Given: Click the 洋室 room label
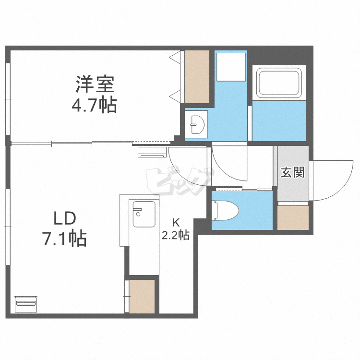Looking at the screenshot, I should [95, 85].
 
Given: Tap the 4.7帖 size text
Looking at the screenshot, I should [95, 105].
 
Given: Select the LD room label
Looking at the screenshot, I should [64, 219].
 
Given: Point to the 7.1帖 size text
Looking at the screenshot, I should [64, 238].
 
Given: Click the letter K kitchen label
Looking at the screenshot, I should [176, 222].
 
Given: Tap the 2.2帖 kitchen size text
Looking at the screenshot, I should [176, 235].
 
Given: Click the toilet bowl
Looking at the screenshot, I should [226, 209].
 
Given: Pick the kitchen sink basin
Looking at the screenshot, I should [144, 215].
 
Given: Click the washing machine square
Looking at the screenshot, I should [230, 67].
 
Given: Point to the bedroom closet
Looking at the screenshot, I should [197, 77].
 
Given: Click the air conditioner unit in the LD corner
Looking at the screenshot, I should [26, 303].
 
